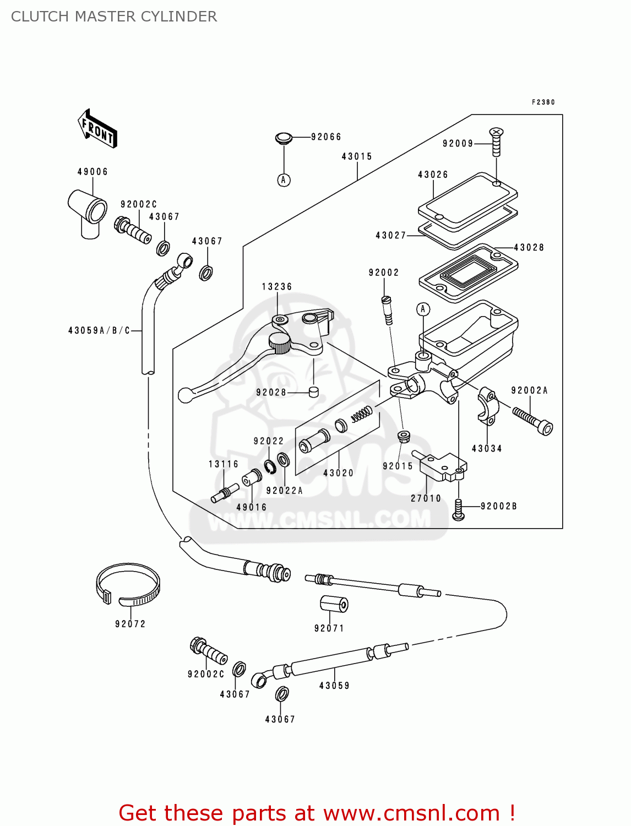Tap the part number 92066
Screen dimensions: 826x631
click(326, 137)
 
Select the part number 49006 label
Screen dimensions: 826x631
click(93, 172)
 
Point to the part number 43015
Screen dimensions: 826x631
click(357, 157)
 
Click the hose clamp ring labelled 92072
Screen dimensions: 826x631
click(128, 585)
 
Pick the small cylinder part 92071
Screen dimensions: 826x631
click(334, 604)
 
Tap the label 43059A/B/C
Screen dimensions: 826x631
click(99, 330)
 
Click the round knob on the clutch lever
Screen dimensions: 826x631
click(280, 343)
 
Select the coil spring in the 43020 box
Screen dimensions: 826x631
click(362, 413)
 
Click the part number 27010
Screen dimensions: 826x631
click(426, 498)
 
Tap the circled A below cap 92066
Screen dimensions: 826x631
click(284, 180)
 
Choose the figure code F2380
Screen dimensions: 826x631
click(543, 102)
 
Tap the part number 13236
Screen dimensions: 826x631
click(277, 287)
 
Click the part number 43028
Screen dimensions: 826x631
click(529, 248)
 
